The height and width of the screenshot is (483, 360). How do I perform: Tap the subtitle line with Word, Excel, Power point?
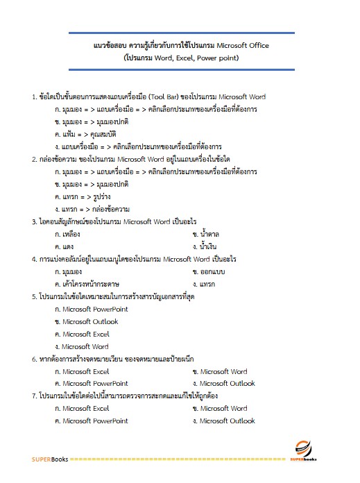click(180, 58)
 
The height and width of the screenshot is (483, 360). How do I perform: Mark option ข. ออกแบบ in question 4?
click(213, 271)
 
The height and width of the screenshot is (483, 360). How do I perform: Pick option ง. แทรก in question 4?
click(205, 284)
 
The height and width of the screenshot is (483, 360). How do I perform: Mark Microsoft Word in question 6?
click(220, 371)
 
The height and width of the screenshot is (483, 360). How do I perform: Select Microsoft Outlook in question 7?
click(224, 421)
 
